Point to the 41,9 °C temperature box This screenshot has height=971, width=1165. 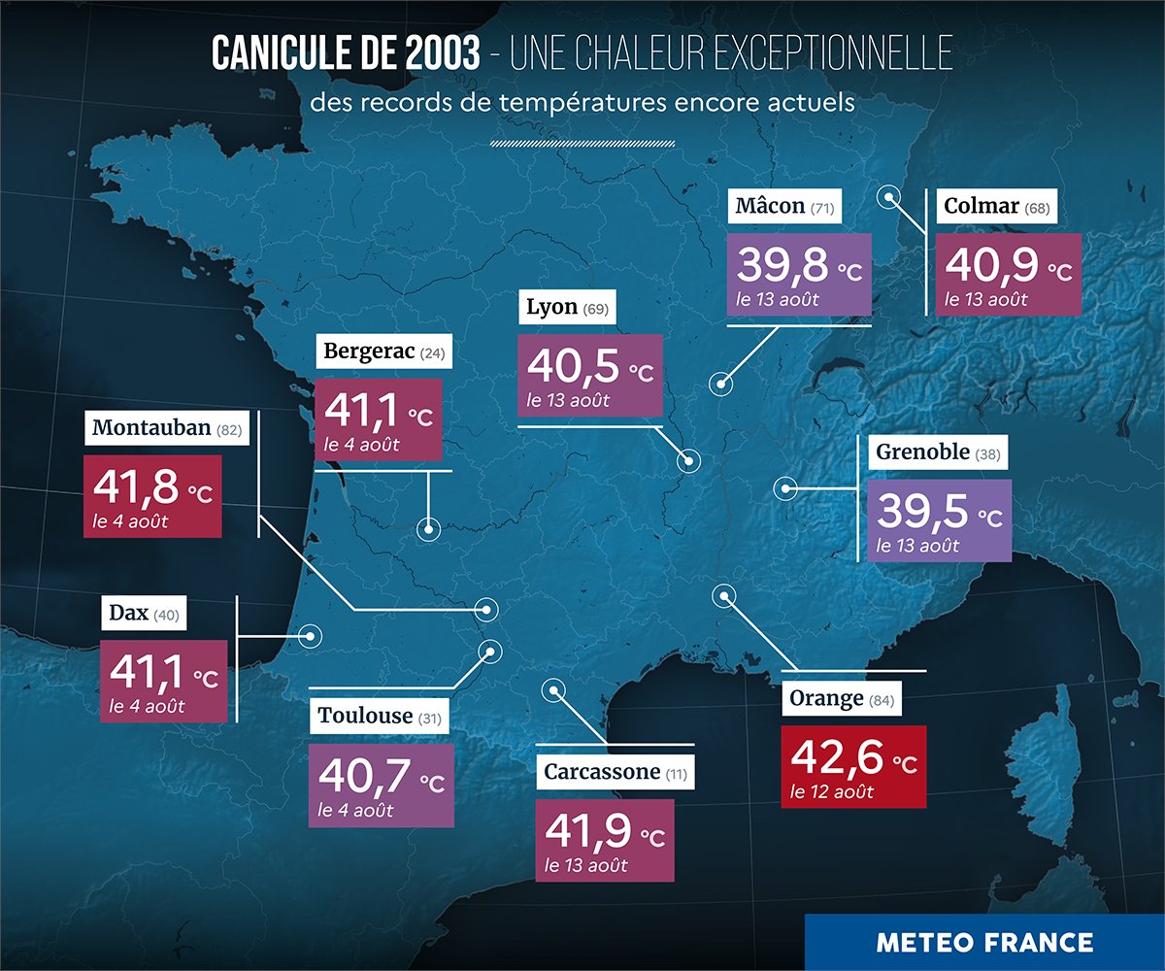point(605,840)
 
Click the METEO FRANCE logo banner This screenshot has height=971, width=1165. point(984,942)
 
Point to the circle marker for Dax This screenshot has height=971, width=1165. point(311,636)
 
